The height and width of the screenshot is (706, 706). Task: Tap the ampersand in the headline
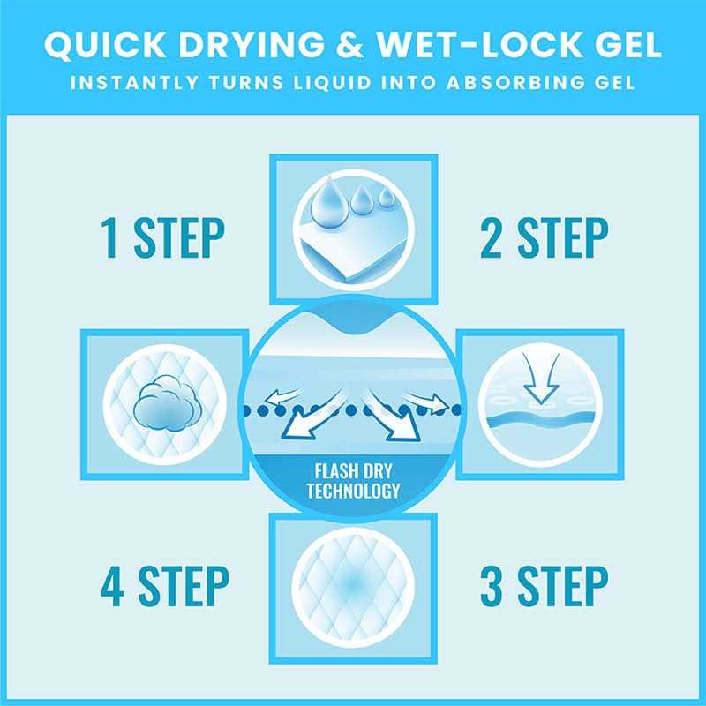coord(349,44)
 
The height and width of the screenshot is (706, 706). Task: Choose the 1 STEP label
coord(162,237)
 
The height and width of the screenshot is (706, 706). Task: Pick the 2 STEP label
coord(544,237)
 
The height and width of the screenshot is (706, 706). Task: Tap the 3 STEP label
coord(544,586)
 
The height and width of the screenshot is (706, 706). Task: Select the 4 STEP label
coord(165,586)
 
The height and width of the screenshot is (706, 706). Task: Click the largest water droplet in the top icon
coord(328,202)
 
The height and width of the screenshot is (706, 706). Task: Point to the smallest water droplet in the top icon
coord(387,196)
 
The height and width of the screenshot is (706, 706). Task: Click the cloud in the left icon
coord(165,405)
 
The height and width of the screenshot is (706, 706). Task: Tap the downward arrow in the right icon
coord(541,379)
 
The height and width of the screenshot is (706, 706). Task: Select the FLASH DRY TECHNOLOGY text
coord(353,481)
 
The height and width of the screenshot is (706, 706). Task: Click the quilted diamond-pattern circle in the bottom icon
coord(353,589)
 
